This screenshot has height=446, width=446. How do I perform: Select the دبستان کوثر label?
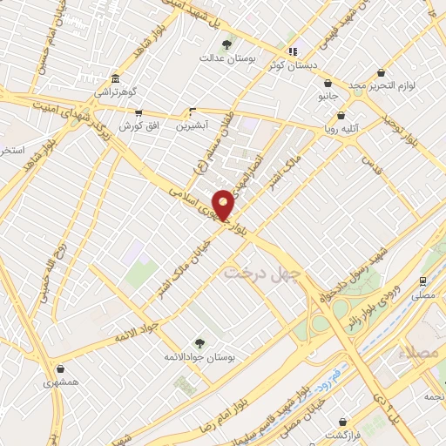pyautogui.click(x=312, y=64)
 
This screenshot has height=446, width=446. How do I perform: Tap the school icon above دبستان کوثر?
pyautogui.click(x=294, y=51)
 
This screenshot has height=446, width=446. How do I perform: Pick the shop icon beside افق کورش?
pyautogui.click(x=138, y=111)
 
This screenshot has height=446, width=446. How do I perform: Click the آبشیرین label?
pyautogui.click(x=193, y=125)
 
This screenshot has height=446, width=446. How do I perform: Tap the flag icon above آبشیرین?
pyautogui.click(x=193, y=111)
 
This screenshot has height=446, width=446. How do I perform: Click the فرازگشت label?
pyautogui.click(x=342, y=434)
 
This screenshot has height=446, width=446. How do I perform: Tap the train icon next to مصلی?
pyautogui.click(x=422, y=281)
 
